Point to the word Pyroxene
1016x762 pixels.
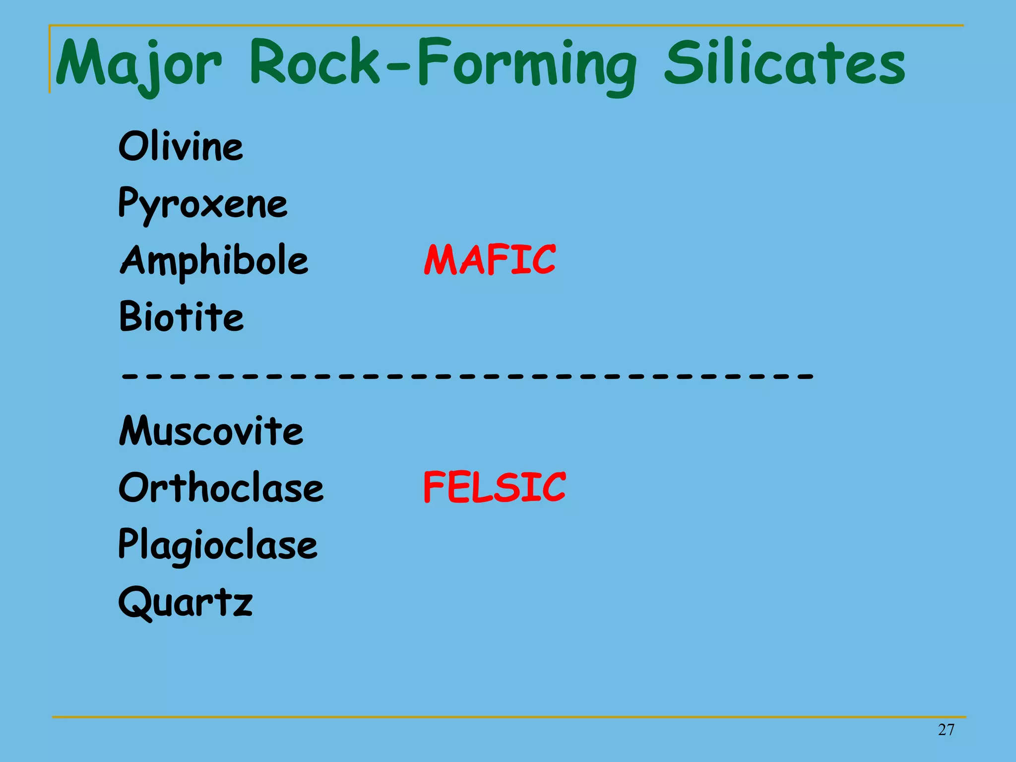[x=203, y=203]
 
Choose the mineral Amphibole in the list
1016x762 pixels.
[x=214, y=260]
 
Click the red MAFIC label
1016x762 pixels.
[x=490, y=260]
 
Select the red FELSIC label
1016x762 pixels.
[x=494, y=487]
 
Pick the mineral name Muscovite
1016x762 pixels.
[x=211, y=431]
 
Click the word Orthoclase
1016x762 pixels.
[x=221, y=487]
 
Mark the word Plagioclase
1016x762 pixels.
[x=218, y=544]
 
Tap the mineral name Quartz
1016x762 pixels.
[x=186, y=601]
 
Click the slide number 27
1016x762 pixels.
[x=946, y=730]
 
